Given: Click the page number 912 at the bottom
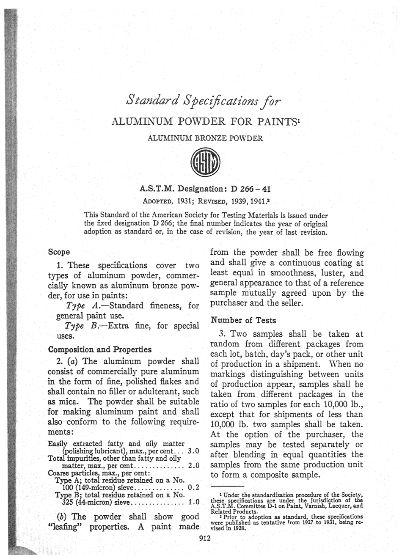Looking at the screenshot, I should coord(205,538).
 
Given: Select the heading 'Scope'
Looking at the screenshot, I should coord(59,252).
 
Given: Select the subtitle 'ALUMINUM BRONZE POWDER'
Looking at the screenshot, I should coord(205,138).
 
